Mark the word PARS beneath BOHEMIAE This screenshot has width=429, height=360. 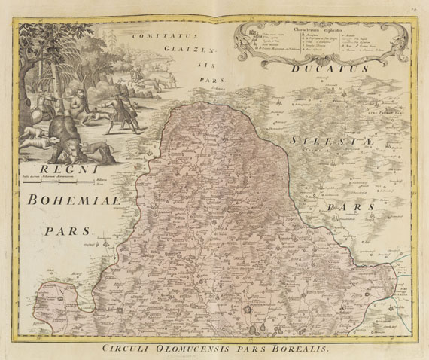click(x=66, y=231)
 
